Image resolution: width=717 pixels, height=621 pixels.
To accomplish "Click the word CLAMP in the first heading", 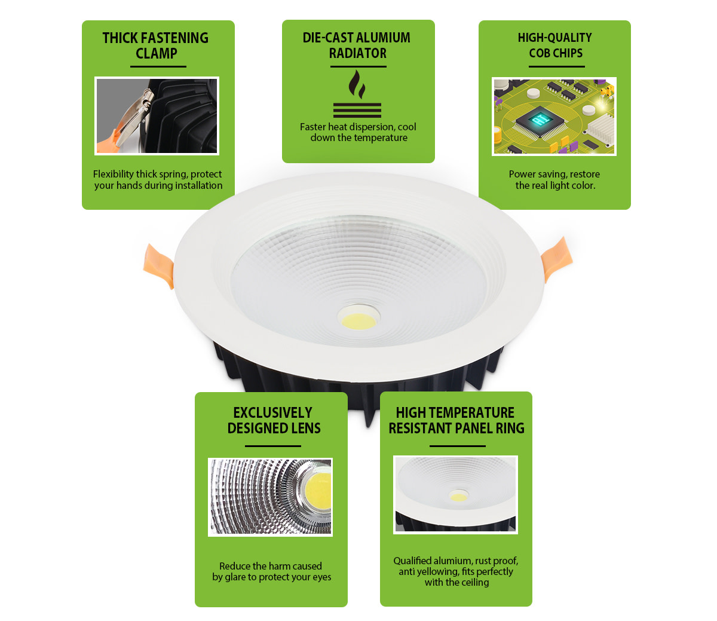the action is [157, 53].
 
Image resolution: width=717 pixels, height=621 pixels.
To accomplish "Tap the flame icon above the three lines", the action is [357, 84].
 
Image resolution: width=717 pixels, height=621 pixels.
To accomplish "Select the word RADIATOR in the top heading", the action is [358, 53].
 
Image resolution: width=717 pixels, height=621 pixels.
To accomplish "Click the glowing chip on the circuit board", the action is [541, 120].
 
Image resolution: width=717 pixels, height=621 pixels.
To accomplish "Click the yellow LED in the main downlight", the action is [358, 320].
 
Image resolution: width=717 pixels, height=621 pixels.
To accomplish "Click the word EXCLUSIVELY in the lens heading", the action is [272, 413].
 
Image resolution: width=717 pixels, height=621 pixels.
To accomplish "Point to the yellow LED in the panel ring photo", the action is [458, 497].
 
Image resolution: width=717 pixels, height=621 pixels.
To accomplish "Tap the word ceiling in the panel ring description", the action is [475, 582].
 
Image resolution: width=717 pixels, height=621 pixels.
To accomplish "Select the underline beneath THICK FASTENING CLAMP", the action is [158, 66].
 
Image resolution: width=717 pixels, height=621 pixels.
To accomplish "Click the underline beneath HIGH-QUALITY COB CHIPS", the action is [556, 66].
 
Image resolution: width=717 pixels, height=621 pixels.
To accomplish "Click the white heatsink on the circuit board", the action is [599, 128].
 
